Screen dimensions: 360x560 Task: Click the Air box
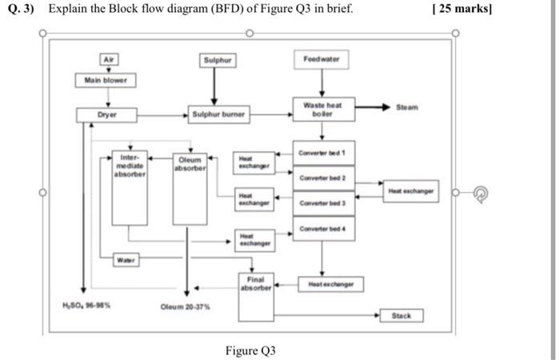click(x=106, y=60)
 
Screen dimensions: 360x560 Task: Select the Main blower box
click(x=106, y=80)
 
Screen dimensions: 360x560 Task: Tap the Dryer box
click(x=106, y=115)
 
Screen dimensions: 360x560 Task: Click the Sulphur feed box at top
click(x=216, y=60)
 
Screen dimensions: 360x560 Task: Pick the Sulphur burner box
click(x=216, y=115)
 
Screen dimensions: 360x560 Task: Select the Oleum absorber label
click(x=191, y=164)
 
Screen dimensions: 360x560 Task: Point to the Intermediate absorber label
click(x=130, y=165)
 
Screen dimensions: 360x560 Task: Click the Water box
click(x=124, y=260)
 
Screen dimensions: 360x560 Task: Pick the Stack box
click(x=402, y=316)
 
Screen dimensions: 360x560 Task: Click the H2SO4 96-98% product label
click(x=86, y=305)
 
